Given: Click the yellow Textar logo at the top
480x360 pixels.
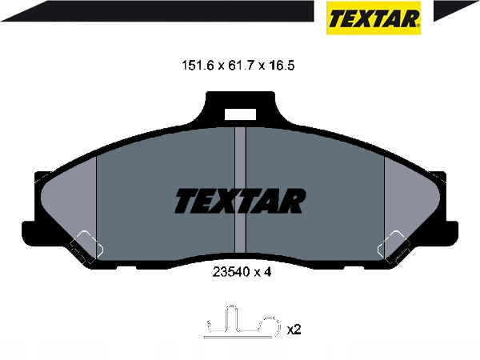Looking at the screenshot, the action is pyautogui.click(x=374, y=18).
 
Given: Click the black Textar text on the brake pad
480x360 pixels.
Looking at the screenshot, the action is pyautogui.click(x=240, y=201).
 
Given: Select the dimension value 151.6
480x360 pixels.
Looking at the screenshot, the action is pyautogui.click(x=198, y=66).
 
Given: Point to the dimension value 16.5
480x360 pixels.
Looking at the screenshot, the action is pyautogui.click(x=281, y=66).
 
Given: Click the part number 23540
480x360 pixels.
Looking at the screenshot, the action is pyautogui.click(x=230, y=272).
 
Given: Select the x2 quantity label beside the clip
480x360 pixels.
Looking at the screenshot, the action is pyautogui.click(x=294, y=330).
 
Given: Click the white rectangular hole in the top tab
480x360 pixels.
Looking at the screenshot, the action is pyautogui.click(x=240, y=114).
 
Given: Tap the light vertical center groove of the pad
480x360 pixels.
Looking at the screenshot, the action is pyautogui.click(x=240, y=190).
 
